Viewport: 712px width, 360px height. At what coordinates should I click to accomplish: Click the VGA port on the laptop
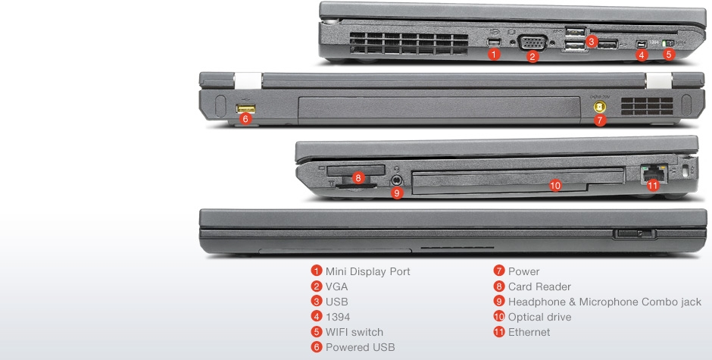tap(532, 42)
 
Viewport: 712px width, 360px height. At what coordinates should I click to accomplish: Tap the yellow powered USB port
tap(245, 108)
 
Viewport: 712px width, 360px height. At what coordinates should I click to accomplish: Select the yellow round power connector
tap(600, 108)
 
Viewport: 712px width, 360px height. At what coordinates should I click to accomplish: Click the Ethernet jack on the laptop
tap(653, 174)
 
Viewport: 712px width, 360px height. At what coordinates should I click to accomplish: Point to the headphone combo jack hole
tap(397, 180)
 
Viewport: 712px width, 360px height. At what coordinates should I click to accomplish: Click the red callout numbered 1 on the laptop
tap(494, 54)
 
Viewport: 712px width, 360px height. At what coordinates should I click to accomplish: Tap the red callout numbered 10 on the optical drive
tap(555, 185)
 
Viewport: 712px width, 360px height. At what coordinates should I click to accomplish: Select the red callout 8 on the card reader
tap(358, 178)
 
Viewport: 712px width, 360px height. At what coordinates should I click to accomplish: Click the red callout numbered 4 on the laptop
tap(641, 55)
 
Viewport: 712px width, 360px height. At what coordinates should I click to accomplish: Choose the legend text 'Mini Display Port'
tap(368, 271)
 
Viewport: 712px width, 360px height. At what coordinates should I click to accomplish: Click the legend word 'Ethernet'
tap(529, 332)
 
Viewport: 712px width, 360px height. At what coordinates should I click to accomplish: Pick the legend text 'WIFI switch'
tap(354, 332)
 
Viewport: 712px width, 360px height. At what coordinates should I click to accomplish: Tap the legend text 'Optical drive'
tap(539, 317)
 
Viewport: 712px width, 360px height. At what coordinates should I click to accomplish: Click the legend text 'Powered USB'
tap(360, 347)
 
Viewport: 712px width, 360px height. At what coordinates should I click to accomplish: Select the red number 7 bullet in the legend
tap(499, 271)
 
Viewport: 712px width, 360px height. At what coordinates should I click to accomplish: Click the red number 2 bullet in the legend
tap(317, 286)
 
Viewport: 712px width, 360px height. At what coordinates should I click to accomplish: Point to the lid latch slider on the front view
tap(635, 233)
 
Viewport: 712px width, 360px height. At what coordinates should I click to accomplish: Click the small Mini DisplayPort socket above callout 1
tap(494, 42)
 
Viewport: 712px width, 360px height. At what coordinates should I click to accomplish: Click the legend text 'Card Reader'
tap(539, 286)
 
